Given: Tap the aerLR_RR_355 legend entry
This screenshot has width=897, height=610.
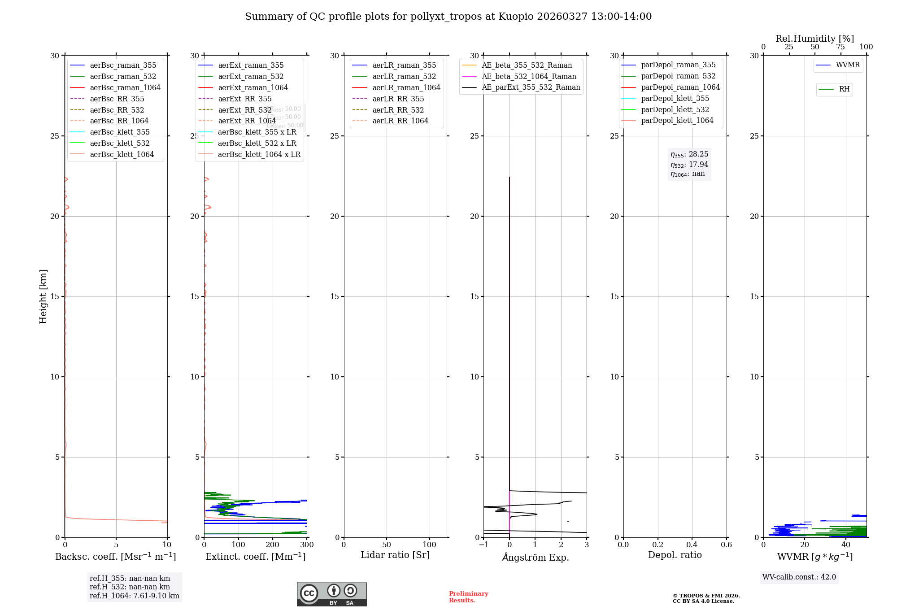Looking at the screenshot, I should click(x=398, y=99).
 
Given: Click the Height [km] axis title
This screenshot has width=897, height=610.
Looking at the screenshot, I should click(x=43, y=296).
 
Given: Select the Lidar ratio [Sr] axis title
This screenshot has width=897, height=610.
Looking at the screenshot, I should click(x=395, y=555).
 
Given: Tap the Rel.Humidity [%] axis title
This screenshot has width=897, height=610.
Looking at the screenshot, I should click(x=814, y=39).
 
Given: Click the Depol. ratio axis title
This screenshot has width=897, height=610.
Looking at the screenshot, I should click(x=675, y=555).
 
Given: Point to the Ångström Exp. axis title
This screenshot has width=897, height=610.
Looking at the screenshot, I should click(x=535, y=557).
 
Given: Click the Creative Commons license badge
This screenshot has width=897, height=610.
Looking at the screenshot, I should click(x=331, y=594).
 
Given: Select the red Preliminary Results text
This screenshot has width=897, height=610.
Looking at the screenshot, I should click(x=468, y=597).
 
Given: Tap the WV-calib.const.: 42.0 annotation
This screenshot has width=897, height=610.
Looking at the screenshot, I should click(x=799, y=577).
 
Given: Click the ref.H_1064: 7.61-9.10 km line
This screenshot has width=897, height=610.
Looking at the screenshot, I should click(x=134, y=596).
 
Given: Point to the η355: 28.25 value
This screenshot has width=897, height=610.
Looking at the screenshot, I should click(x=689, y=154).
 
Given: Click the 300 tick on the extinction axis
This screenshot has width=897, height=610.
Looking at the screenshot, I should click(x=307, y=545).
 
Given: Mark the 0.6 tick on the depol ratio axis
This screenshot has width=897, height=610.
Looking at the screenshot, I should click(x=726, y=545).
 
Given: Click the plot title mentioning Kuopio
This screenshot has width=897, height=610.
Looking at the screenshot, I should click(x=448, y=17).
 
